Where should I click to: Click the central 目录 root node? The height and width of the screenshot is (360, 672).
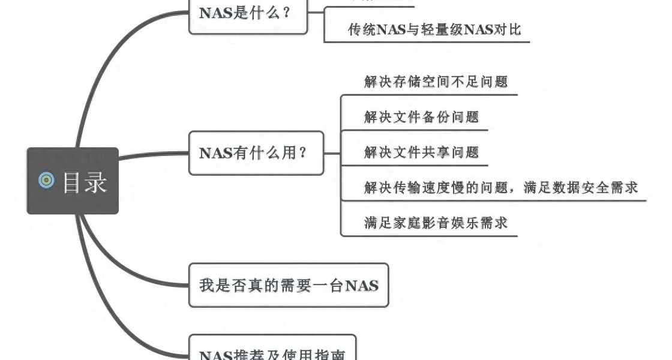[73, 181]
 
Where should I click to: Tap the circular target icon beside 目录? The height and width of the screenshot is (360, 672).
[46, 180]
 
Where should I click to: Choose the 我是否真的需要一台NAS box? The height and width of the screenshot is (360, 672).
[289, 285]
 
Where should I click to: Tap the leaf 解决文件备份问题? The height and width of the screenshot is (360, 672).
[421, 116]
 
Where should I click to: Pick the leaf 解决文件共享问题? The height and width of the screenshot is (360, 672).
[421, 152]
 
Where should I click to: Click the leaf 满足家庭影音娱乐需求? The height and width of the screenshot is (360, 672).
[436, 222]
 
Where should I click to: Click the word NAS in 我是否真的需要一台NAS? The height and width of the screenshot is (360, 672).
[362, 286]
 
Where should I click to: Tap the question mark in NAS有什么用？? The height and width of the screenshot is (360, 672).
[302, 153]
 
